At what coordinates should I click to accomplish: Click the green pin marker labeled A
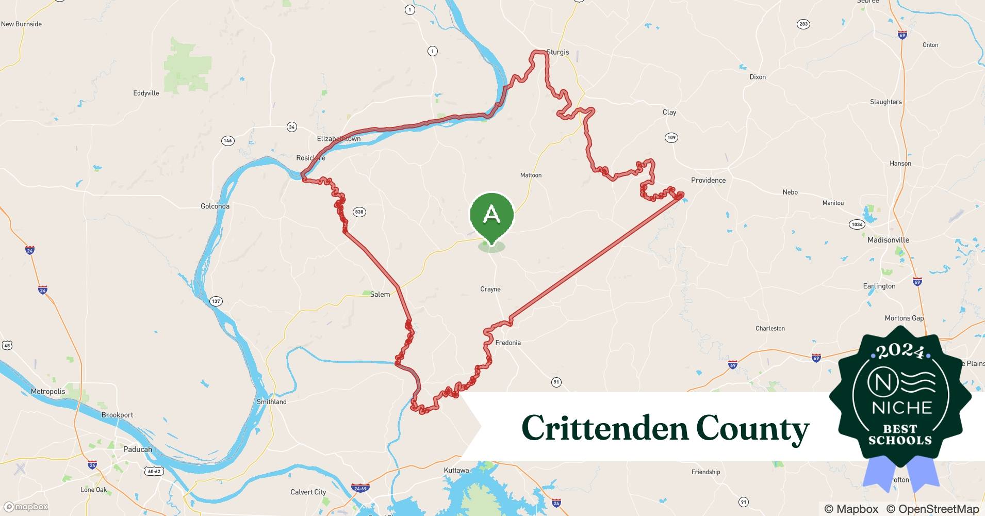click(491, 215)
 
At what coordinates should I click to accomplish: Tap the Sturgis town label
click(557, 52)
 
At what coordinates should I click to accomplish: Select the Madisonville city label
click(888, 240)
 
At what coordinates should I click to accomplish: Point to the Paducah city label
click(138, 449)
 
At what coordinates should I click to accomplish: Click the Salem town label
click(380, 294)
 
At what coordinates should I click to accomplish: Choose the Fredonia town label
click(508, 343)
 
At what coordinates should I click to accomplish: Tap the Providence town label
click(708, 180)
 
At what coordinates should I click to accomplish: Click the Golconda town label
click(215, 206)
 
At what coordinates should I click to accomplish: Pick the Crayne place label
click(490, 289)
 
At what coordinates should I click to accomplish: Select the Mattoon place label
click(531, 175)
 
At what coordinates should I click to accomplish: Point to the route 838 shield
click(359, 212)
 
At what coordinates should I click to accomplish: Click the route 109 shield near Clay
click(671, 137)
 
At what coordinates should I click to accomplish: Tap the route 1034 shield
click(857, 224)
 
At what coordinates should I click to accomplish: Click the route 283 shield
click(803, 24)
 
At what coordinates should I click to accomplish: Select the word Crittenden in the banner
click(604, 428)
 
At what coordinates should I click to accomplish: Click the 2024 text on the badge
click(900, 351)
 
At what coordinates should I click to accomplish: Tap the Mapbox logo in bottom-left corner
click(26, 507)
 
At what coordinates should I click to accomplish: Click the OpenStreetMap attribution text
click(932, 509)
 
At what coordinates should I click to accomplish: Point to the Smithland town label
click(272, 402)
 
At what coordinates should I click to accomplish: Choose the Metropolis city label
click(48, 391)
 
